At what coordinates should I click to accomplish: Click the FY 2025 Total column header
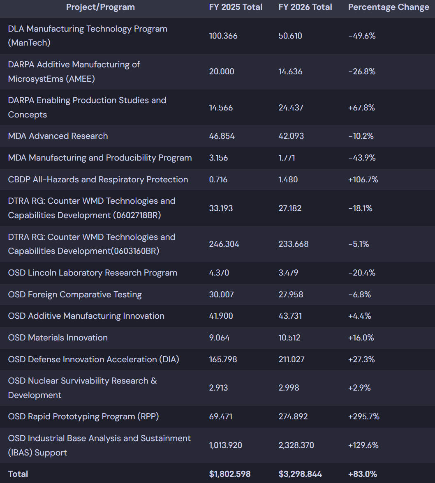pos(236,7)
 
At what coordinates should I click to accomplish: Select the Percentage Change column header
pos(389,7)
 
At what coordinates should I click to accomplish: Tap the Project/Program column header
pos(100,7)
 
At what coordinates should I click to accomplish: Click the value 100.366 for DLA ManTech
pos(223,36)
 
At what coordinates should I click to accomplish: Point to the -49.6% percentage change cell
pos(362,36)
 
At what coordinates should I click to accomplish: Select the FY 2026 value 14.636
pos(290,71)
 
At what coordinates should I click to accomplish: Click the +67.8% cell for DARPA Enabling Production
pos(361,108)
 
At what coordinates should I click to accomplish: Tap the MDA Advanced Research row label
pos(58,136)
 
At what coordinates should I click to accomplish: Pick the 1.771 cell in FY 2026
pos(287,158)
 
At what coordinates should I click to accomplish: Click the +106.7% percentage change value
pos(363,179)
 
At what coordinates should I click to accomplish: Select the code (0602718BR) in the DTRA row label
pos(137,215)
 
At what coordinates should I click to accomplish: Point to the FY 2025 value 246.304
pos(224,244)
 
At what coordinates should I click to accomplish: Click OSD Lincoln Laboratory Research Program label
pos(93,273)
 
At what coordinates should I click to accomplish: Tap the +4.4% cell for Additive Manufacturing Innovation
pos(360,316)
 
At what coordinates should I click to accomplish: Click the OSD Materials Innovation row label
pos(58,338)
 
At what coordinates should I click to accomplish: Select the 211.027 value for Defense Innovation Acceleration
pos(292,359)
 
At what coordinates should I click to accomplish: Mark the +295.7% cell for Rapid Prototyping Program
pos(364,416)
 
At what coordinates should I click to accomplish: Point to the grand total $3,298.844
pos(300,474)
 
